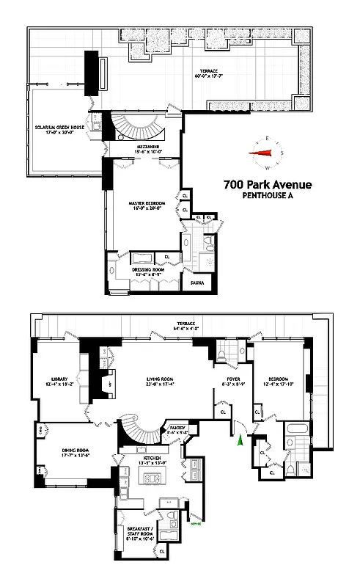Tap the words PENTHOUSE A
[x=268, y=197]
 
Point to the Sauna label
[x=196, y=282]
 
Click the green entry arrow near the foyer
[x=239, y=439]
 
